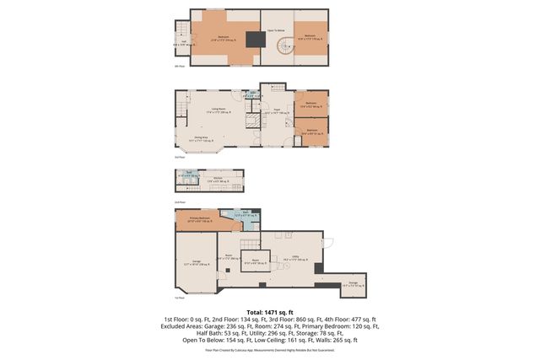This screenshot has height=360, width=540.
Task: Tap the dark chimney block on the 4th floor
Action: point(253,38)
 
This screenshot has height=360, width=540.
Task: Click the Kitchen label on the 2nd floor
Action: point(217,179)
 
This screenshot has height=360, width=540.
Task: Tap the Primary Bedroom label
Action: point(193,219)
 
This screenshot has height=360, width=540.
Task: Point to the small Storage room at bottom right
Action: point(354,284)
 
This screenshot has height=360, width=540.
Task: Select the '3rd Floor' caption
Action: point(179,158)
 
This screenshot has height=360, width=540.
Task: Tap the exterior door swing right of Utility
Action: point(328,244)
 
